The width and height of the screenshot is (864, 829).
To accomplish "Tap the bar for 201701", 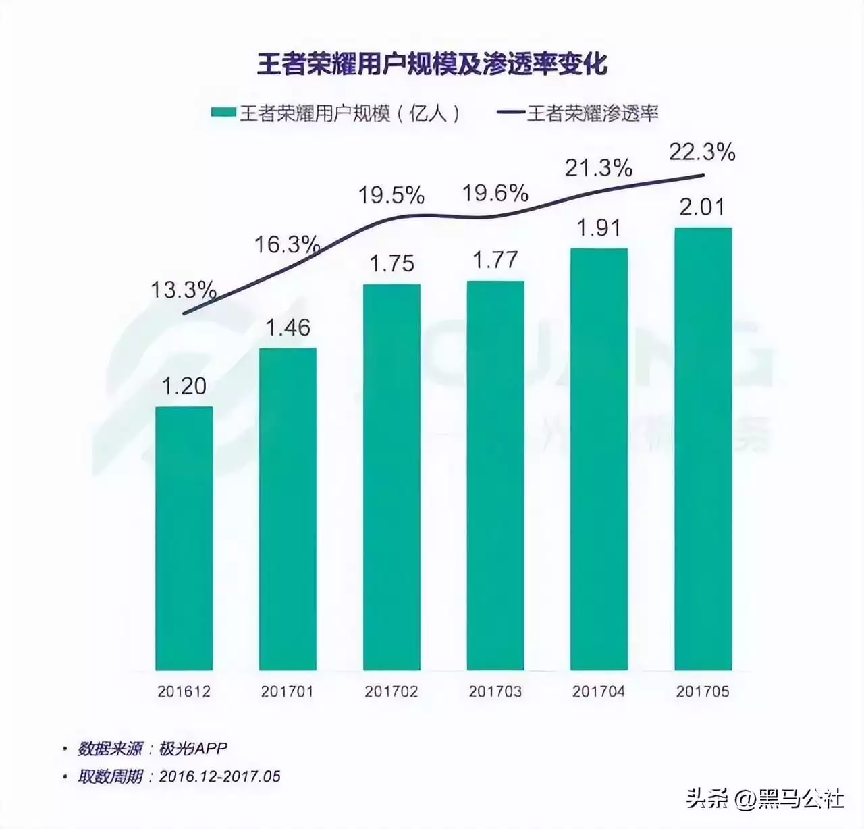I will (x=288, y=509).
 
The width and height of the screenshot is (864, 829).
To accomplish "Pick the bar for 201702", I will (x=391, y=477).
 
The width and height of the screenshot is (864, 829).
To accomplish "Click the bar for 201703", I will (x=495, y=475).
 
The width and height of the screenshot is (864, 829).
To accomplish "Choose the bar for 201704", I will (x=599, y=459).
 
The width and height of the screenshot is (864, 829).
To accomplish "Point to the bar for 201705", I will (x=703, y=449).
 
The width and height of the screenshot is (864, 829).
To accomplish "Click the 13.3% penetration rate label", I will (x=183, y=290).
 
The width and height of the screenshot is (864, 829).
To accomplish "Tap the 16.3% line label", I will (x=287, y=244).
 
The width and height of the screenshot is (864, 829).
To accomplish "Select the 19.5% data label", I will (x=391, y=196).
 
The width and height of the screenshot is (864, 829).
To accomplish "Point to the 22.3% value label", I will (x=702, y=153).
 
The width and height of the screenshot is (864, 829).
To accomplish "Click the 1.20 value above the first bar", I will (x=184, y=386).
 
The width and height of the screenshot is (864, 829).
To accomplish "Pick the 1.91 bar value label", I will (x=599, y=228).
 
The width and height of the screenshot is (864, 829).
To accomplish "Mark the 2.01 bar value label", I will (x=703, y=207).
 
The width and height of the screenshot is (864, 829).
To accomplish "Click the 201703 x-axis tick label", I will (x=495, y=691).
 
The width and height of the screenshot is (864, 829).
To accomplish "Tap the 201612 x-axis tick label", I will (x=184, y=691).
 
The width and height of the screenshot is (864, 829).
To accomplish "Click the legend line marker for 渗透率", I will (x=510, y=113).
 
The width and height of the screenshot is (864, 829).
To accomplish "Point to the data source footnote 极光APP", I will (x=193, y=749).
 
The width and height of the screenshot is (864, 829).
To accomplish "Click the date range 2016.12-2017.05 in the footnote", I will (x=219, y=776).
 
